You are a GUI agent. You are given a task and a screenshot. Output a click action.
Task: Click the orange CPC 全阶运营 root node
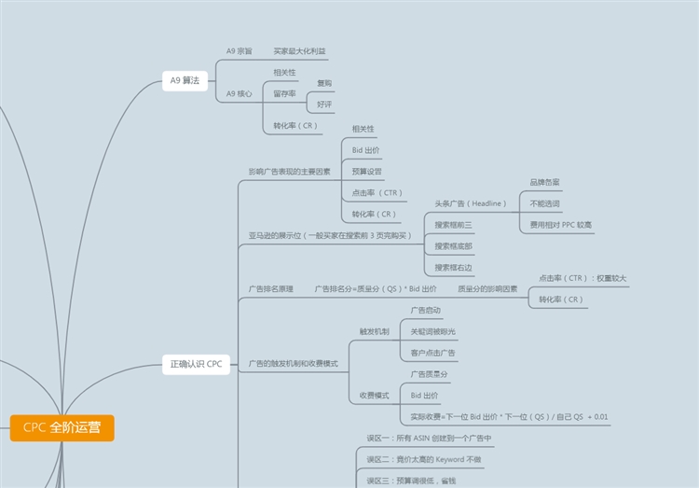(x=62, y=428)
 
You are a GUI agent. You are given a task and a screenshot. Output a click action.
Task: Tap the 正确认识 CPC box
(x=196, y=363)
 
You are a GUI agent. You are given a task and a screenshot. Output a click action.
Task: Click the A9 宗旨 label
(x=239, y=50)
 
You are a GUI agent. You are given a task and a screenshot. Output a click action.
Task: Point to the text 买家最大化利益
(x=299, y=50)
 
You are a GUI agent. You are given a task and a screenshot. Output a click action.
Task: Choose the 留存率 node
(x=284, y=93)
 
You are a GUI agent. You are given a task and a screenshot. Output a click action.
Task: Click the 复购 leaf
(x=324, y=83)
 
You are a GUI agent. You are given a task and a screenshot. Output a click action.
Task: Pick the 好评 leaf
(x=324, y=104)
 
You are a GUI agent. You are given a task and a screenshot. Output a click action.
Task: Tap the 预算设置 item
(x=366, y=172)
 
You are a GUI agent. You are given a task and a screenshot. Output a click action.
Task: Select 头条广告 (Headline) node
(x=471, y=202)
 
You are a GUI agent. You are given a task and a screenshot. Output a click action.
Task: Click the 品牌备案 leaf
(x=544, y=182)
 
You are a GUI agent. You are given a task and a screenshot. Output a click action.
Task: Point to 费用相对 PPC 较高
(x=560, y=225)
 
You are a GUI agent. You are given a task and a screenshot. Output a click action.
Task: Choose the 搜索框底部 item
(x=454, y=246)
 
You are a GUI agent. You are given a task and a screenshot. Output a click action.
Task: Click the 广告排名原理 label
(x=270, y=289)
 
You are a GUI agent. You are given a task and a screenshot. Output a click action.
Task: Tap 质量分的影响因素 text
(x=487, y=289)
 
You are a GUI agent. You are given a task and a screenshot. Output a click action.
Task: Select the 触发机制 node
(x=374, y=331)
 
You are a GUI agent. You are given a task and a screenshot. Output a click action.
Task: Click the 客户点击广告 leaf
(x=432, y=353)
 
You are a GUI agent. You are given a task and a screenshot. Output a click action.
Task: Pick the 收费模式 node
(x=374, y=396)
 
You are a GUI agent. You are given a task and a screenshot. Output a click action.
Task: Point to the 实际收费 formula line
(x=509, y=416)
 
